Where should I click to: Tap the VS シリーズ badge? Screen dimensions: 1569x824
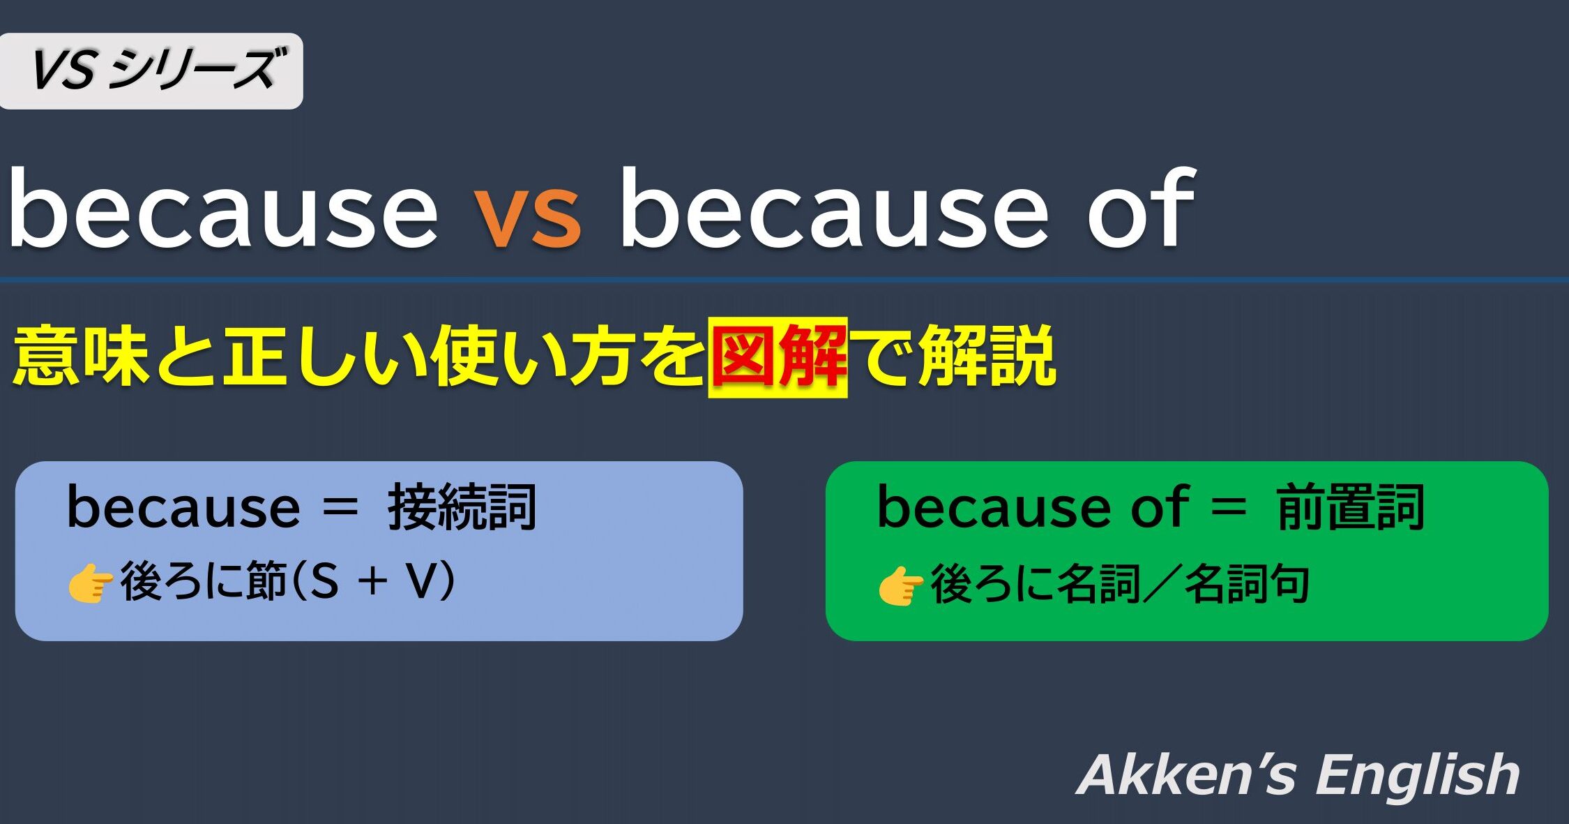[151, 70]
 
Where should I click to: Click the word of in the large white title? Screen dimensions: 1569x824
[1142, 207]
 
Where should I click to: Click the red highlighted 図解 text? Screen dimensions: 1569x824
[778, 357]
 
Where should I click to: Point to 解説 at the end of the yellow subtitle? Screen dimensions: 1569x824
[987, 357]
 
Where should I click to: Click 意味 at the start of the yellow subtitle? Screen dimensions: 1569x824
[82, 357]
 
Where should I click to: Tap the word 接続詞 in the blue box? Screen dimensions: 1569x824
[462, 507]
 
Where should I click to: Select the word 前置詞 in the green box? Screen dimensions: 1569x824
[1351, 507]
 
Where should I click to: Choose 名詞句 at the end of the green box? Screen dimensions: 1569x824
[1248, 584]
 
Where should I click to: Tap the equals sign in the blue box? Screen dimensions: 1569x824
[340, 509]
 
